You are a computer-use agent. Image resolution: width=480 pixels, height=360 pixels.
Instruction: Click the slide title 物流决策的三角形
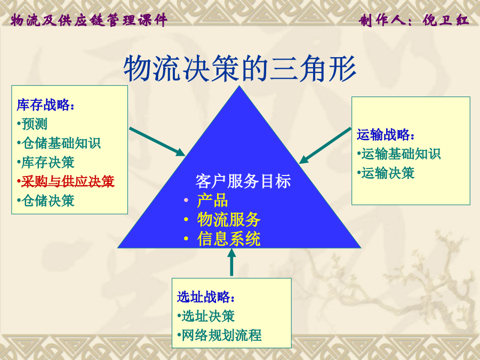point(239,69)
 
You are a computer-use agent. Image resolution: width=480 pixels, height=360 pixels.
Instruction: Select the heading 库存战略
point(45,105)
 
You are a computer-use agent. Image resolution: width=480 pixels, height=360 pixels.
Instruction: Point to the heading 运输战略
point(386,135)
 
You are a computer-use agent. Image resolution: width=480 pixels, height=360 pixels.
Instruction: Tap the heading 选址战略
point(206,297)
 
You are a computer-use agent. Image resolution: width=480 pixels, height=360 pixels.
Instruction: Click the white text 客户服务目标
point(243,181)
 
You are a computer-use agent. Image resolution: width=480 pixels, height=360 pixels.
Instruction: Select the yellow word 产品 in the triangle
point(212,201)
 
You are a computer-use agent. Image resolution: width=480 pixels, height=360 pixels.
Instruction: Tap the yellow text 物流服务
point(229,220)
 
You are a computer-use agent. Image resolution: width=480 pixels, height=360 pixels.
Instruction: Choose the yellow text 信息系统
point(229,239)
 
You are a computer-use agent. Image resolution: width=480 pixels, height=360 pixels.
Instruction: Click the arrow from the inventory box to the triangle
point(157,142)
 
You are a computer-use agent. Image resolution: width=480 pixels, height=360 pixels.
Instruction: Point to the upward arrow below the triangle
point(232,262)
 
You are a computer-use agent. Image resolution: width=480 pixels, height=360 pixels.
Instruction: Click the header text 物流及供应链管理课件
point(89,20)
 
